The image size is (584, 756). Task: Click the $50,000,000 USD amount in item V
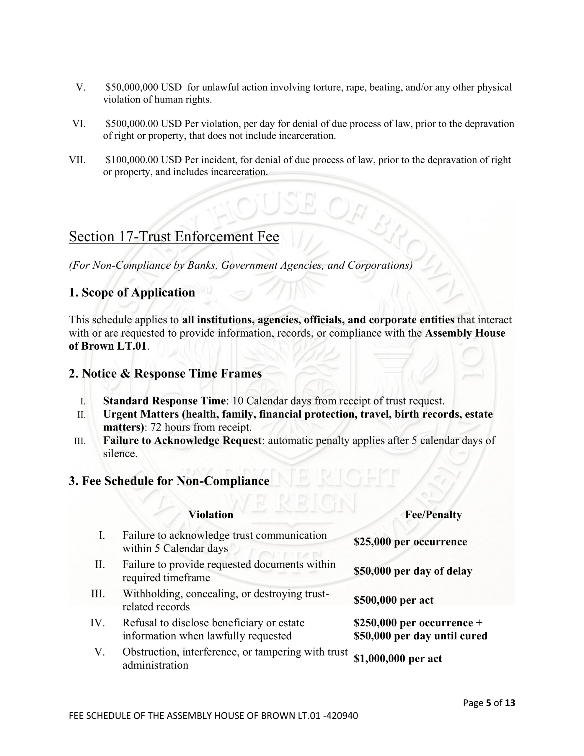point(143,87)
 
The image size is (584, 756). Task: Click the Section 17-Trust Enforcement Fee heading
point(174,237)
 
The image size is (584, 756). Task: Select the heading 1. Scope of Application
point(132,292)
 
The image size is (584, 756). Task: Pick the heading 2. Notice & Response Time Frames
point(165,374)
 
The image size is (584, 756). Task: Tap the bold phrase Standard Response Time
point(164,401)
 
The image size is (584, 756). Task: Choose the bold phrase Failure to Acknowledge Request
point(182,440)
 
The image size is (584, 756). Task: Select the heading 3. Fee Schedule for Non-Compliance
point(169,481)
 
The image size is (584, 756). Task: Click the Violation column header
point(211,515)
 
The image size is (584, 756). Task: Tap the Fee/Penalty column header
point(433,515)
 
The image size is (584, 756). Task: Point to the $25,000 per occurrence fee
point(410,542)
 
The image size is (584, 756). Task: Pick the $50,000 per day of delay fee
point(413,571)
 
